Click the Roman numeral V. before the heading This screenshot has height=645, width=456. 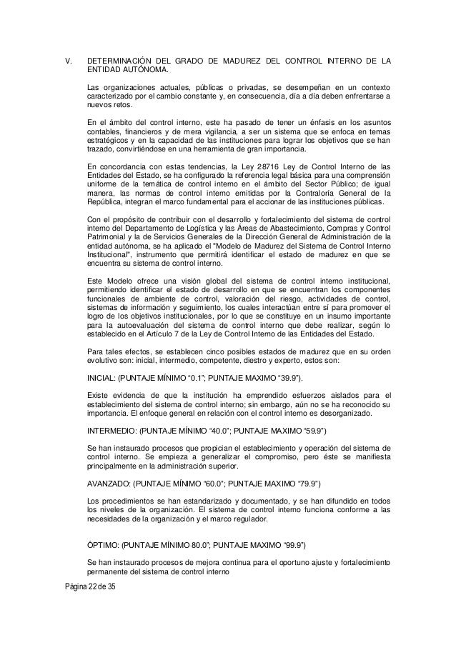tap(69, 61)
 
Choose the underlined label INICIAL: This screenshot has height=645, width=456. tap(105, 376)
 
